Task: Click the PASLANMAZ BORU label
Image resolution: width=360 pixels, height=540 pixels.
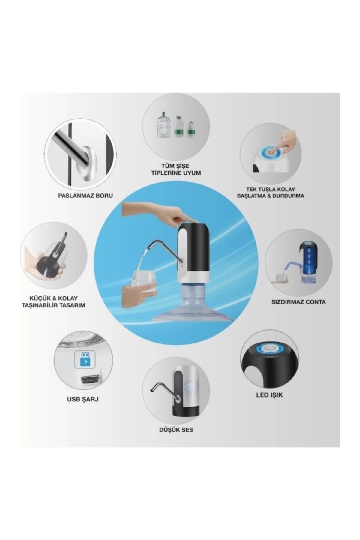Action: pos(85,196)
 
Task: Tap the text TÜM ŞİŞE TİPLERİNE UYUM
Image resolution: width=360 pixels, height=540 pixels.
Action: pos(176,169)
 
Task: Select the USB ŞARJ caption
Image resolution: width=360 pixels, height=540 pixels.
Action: pos(82,399)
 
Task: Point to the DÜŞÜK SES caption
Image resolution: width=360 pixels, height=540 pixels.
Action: pos(176,430)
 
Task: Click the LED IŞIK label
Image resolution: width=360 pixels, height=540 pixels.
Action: pos(269,395)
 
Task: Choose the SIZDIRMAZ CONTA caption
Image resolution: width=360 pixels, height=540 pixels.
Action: pos(298,302)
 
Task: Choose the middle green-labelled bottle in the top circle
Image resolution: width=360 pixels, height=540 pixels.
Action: pos(178,127)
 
